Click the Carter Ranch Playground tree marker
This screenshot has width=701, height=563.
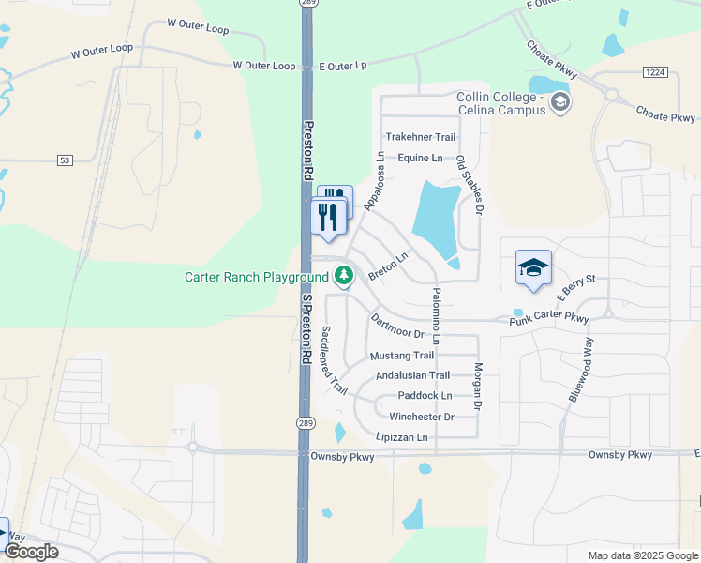(x=345, y=276)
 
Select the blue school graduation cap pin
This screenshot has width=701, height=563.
(x=533, y=267)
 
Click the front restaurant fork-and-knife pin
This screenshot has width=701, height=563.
(x=328, y=218)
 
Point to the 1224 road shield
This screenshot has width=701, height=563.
(x=655, y=71)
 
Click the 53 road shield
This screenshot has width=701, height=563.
(x=65, y=160)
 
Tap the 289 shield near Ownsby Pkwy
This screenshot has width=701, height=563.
(x=306, y=424)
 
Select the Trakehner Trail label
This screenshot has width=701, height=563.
(x=420, y=137)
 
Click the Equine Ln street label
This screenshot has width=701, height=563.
(x=419, y=158)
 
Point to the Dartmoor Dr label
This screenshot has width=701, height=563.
(x=397, y=327)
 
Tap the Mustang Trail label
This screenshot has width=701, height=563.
(x=402, y=356)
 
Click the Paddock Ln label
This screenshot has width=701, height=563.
(x=425, y=396)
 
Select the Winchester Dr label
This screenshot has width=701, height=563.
(x=421, y=417)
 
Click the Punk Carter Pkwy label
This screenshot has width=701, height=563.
(x=549, y=319)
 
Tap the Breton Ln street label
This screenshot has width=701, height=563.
(x=388, y=266)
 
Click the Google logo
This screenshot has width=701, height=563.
(x=31, y=552)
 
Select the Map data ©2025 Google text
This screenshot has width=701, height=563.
(x=642, y=555)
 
